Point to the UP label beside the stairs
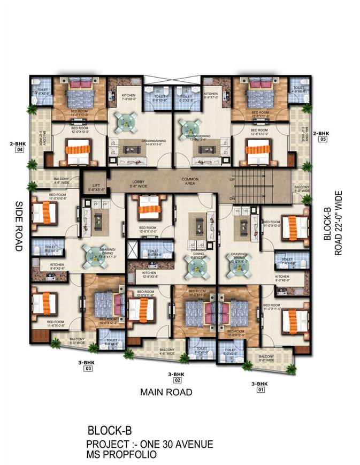(232, 179)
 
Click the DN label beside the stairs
(232, 199)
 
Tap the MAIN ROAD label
(166, 392)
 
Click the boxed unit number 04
(20, 150)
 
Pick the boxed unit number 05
(323, 139)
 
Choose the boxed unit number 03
(88, 369)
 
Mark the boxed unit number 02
(176, 380)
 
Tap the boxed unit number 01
(261, 390)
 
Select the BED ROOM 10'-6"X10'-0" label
(147, 229)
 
